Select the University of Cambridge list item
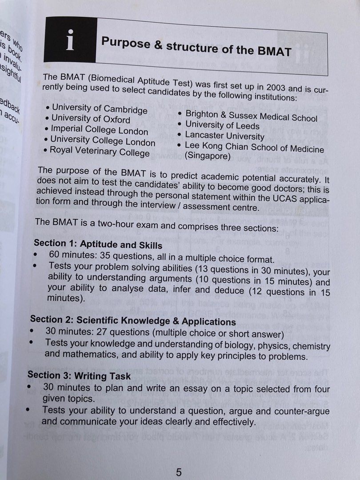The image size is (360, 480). tap(99, 108)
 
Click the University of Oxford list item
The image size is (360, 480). tap(91, 119)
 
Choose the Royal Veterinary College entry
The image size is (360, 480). tap(100, 152)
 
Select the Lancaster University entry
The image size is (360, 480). tap(224, 136)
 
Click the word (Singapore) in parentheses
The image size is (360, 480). tap(208, 156)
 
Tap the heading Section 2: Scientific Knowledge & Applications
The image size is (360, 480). tap(133, 320)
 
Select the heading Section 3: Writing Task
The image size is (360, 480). tap(80, 376)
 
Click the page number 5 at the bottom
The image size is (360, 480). tap(179, 472)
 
